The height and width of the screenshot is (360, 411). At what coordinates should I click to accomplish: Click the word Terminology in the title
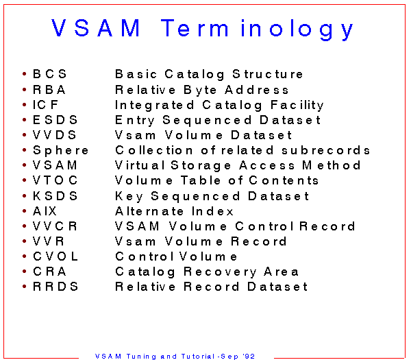tap(257, 29)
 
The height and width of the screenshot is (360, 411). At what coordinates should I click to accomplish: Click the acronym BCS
tap(50, 74)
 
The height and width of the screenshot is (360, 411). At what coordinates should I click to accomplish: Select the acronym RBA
tap(49, 90)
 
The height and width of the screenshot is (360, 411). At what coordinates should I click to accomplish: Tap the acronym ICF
tap(45, 105)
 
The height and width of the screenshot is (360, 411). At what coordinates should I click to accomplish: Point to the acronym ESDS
tap(55, 120)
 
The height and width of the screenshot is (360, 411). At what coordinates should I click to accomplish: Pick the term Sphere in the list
tap(60, 150)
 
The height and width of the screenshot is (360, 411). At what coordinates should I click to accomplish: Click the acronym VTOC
tap(55, 180)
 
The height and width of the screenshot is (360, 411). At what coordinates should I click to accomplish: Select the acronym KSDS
tap(55, 195)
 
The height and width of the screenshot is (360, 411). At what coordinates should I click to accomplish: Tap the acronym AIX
tap(45, 211)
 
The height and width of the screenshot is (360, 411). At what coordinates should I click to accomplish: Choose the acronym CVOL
tap(55, 256)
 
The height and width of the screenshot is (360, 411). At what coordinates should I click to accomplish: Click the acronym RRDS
tap(55, 286)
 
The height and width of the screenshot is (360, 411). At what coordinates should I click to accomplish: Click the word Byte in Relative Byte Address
tap(200, 91)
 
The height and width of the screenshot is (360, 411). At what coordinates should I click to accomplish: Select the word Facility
tap(297, 106)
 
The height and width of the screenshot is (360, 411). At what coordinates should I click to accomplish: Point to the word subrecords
tap(325, 150)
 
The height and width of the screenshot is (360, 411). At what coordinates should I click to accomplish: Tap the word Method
tap(332, 165)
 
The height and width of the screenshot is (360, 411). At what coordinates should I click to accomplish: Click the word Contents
tap(284, 180)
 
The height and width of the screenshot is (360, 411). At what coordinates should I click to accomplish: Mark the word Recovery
tap(220, 272)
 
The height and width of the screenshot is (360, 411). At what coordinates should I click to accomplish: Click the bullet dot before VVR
tap(25, 241)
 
